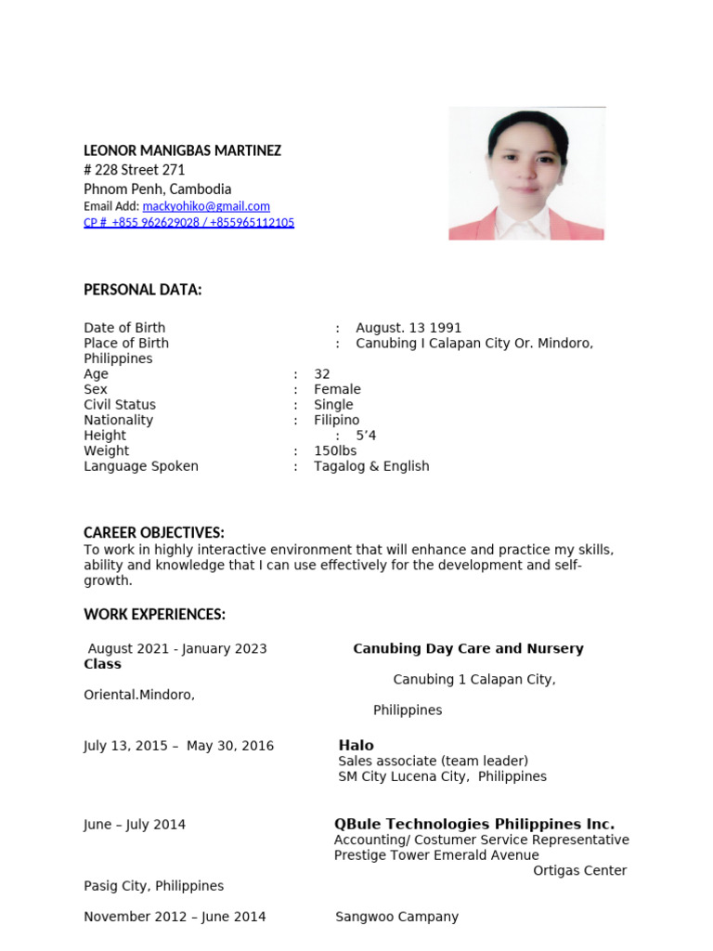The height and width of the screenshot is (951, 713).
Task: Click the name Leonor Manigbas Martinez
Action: [x=182, y=150]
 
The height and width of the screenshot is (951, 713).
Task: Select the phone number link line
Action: [x=188, y=223]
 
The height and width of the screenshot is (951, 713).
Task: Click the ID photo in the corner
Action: [x=526, y=174]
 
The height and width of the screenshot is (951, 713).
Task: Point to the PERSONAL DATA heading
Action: [x=142, y=290]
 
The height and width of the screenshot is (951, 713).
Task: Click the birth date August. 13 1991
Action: [x=408, y=328]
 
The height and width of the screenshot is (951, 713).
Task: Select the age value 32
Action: [x=322, y=374]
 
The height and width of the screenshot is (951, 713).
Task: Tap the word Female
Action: [x=337, y=389]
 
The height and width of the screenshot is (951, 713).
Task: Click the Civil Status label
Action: [x=120, y=405]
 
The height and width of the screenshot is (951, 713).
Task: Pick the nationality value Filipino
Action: [x=336, y=420]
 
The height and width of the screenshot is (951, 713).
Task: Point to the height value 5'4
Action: [x=366, y=436]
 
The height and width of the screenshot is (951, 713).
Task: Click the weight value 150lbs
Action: [x=335, y=450]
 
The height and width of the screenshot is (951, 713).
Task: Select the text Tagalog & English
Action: [x=371, y=466]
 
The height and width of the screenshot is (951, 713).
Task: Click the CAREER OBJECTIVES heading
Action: [x=154, y=532]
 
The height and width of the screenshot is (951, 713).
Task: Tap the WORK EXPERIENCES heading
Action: [x=154, y=615]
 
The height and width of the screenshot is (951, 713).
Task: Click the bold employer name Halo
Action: [x=356, y=745]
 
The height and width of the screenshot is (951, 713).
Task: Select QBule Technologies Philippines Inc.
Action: [x=473, y=824]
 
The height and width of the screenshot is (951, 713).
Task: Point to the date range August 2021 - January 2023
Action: [x=177, y=648]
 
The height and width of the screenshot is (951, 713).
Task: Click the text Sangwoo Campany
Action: [x=396, y=917]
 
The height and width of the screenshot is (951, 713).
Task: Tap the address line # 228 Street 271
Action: [x=135, y=170]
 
